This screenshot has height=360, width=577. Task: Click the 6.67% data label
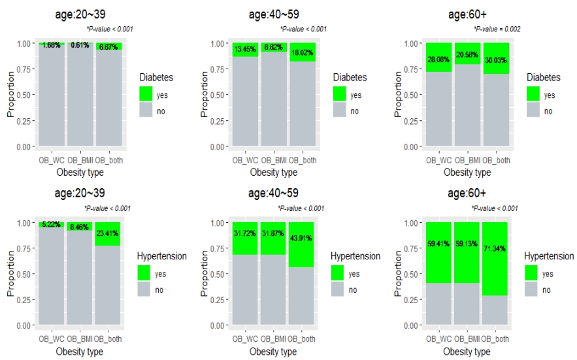pyautogui.click(x=108, y=47)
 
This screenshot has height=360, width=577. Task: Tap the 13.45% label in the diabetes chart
pyautogui.click(x=245, y=48)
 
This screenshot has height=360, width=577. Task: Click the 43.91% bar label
pyautogui.click(x=302, y=236)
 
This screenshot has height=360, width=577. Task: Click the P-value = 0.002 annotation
pyautogui.click(x=497, y=29)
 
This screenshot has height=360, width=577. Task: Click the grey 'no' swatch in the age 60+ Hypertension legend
pyautogui.click(x=532, y=289)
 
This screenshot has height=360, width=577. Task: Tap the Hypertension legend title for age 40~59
pyautogui.click(x=355, y=256)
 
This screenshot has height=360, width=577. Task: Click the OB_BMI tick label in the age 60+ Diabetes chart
pyautogui.click(x=467, y=159)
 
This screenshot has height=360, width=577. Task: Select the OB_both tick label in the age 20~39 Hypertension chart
pyautogui.click(x=108, y=338)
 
